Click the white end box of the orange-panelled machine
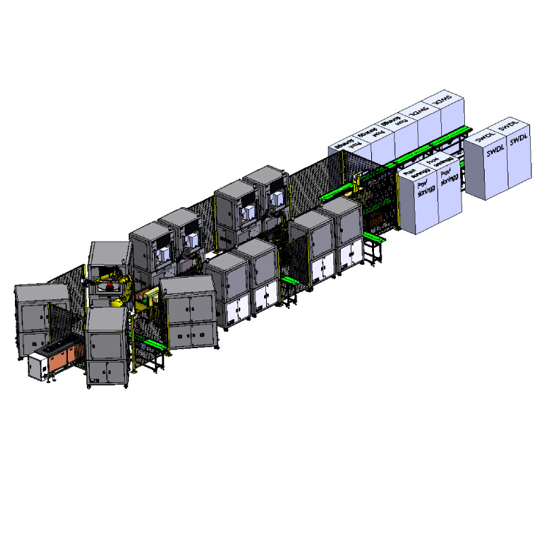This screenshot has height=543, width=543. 37,367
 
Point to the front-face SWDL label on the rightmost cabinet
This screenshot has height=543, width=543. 519,139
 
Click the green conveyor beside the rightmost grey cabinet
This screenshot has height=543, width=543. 373,239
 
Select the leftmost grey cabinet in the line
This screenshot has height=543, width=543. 41,319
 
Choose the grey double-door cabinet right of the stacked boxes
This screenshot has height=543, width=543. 190,312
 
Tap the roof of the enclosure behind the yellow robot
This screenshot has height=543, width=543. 109,251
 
